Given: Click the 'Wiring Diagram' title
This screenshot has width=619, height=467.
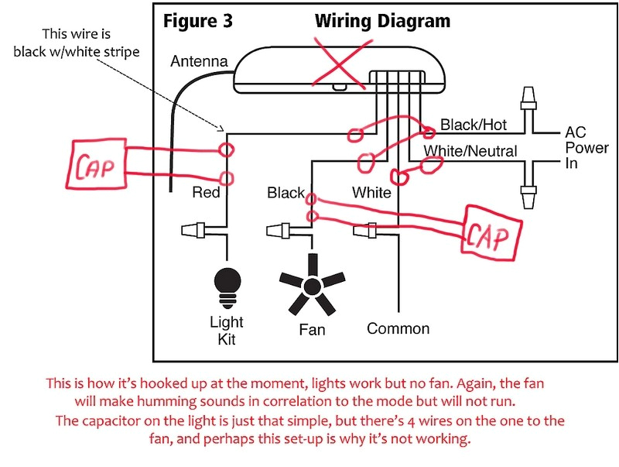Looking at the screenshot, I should click(x=382, y=20).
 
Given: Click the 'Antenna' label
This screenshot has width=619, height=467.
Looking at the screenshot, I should click(x=199, y=60).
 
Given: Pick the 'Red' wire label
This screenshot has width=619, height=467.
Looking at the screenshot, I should click(x=206, y=192).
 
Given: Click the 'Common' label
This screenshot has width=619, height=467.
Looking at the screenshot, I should click(x=398, y=328).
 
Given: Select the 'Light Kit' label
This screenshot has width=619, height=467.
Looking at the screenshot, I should click(x=226, y=331).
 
